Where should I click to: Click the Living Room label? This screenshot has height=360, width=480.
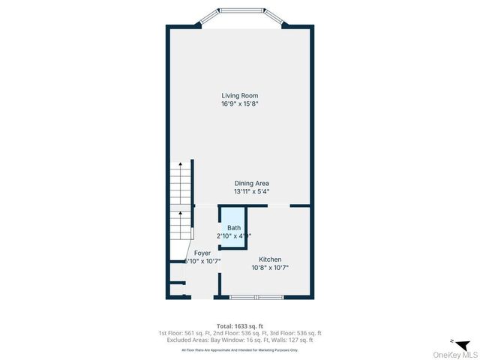[x=240, y=95]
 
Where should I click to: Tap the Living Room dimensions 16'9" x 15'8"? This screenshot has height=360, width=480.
[x=240, y=104]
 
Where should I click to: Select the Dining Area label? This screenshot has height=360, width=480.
[x=251, y=183]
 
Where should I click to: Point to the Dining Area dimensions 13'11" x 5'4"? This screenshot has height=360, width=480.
[x=251, y=192]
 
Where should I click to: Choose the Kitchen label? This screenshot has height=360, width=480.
[x=270, y=259]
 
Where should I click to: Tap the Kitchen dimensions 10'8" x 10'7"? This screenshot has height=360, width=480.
[x=270, y=268]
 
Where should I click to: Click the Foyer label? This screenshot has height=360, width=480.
[x=202, y=253]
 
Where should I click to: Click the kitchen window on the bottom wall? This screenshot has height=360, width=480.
[x=255, y=298]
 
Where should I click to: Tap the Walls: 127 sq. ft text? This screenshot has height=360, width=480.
[x=298, y=340]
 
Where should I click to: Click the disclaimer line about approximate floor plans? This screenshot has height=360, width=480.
[x=240, y=349]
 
